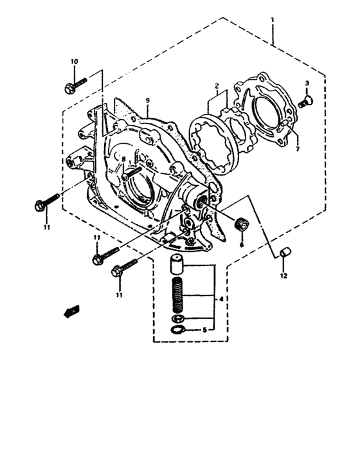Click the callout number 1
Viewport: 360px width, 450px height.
[x=273, y=20]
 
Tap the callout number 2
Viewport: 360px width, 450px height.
[x=218, y=85]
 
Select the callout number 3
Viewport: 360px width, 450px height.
[x=307, y=84]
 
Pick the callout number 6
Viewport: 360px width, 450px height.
[x=242, y=244]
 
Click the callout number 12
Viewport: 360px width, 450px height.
[x=283, y=276]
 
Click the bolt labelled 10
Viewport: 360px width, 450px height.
[x=75, y=83]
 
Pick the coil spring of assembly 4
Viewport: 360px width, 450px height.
[x=178, y=295]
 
